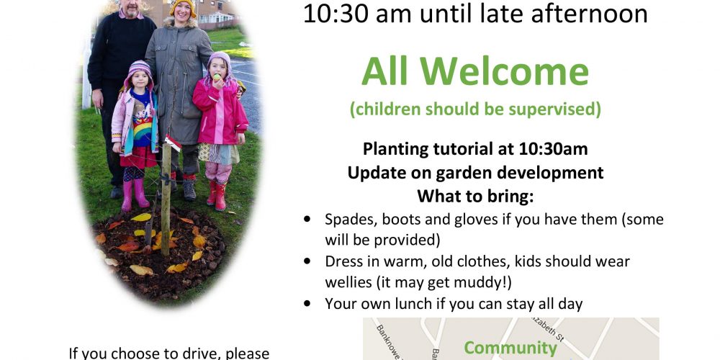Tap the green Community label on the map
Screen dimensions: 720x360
click(x=510, y=348)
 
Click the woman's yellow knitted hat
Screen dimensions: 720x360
click(x=183, y=6)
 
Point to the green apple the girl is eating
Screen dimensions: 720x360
click(x=216, y=77)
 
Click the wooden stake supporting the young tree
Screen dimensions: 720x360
click(x=166, y=193)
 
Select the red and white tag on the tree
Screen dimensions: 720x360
click(x=173, y=143)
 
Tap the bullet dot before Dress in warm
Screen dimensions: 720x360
click(x=307, y=261)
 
